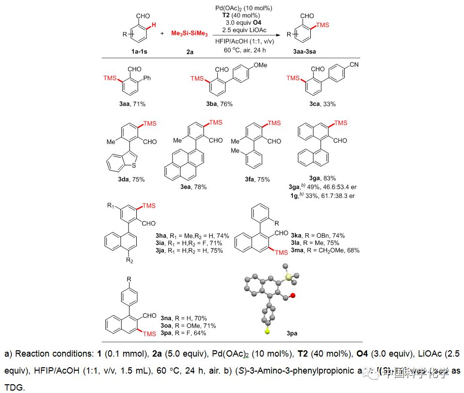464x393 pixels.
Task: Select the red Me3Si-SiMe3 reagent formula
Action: pos(190,34)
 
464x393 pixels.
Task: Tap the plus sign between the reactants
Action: pos(161,34)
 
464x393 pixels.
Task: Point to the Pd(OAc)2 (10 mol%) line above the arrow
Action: pos(244,9)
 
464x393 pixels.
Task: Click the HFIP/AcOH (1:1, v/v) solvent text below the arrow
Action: pos(244,41)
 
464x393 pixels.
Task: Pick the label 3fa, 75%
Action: pos(257,180)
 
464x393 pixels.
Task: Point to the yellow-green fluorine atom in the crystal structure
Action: pos(267,331)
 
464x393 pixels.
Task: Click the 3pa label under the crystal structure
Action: pos(292,333)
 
